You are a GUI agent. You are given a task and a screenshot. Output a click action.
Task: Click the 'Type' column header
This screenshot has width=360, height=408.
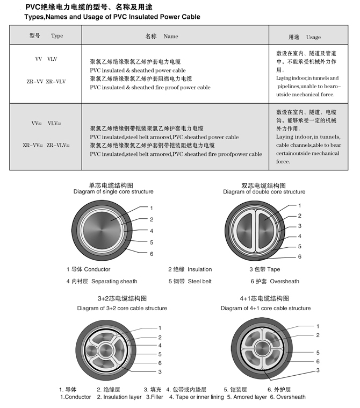coord(56,36)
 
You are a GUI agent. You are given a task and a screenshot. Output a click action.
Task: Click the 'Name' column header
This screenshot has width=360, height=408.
coord(170,36)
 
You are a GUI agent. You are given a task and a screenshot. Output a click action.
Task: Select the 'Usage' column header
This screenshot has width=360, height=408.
coord(313,37)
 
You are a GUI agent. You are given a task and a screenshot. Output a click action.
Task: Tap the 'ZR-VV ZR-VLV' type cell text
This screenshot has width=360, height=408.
coord(46,82)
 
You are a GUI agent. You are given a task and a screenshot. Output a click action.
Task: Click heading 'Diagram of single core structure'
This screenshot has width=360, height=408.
coord(113,192)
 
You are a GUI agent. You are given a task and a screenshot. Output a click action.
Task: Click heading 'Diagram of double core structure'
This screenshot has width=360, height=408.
coord(264,192)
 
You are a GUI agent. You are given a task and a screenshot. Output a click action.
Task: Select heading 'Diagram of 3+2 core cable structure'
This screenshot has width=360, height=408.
coord(122,309)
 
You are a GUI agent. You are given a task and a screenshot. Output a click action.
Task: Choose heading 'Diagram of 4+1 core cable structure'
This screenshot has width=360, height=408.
coord(265,309)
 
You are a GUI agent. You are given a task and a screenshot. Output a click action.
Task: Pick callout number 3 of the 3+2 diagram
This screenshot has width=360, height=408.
coord(160,371)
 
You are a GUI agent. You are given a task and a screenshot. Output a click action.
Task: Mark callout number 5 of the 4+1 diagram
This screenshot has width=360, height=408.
coord(318,353)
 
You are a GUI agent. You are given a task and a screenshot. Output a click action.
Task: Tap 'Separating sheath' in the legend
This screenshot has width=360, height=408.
coord(114,281)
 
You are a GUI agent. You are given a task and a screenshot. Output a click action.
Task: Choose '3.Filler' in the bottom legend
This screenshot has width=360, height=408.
coord(155,397)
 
